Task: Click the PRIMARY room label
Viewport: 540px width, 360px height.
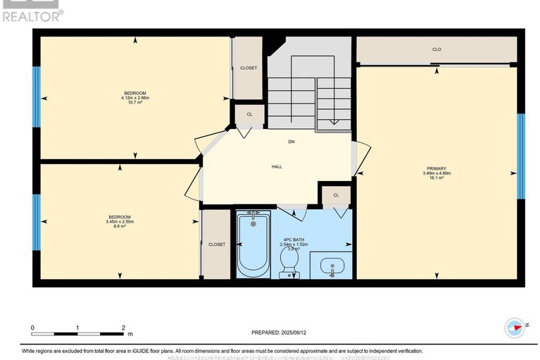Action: pyautogui.click(x=437, y=168)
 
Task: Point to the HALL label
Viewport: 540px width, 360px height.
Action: pyautogui.click(x=277, y=167)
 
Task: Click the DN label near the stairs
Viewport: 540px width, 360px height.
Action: pyautogui.click(x=291, y=142)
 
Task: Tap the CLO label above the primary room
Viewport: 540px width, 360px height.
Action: pyautogui.click(x=437, y=49)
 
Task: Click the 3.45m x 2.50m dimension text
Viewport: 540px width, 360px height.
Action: pyautogui.click(x=120, y=221)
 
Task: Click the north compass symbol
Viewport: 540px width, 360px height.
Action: pyautogui.click(x=515, y=327)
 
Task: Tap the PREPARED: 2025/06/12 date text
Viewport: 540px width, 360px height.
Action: pyautogui.click(x=281, y=333)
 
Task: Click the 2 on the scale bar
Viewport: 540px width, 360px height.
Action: pyautogui.click(x=123, y=328)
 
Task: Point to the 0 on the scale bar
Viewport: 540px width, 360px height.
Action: pyautogui.click(x=32, y=328)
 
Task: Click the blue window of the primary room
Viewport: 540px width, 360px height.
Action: pyautogui.click(x=521, y=156)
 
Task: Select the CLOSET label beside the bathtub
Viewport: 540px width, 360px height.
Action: pyautogui.click(x=217, y=244)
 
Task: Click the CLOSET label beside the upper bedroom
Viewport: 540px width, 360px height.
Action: pyautogui.click(x=249, y=68)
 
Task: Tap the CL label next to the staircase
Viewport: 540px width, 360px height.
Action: pyautogui.click(x=249, y=113)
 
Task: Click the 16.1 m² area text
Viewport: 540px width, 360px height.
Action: pyautogui.click(x=437, y=178)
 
